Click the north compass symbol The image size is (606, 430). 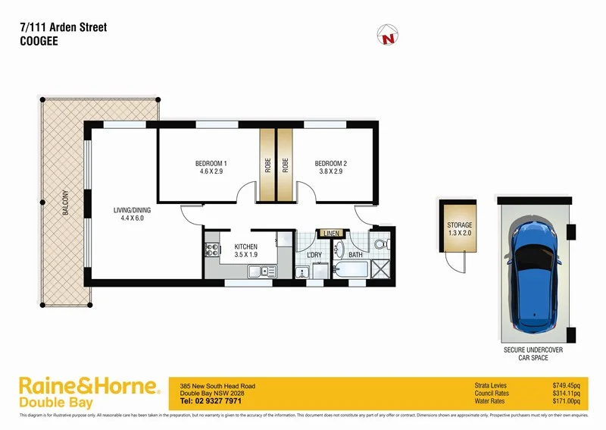[389, 34]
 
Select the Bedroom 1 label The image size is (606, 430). [211, 164]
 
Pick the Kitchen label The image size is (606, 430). [246, 246]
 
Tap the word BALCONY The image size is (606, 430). [67, 203]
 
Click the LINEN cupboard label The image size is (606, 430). [331, 233]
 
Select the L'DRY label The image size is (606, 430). [315, 255]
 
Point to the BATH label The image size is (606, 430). [355, 255]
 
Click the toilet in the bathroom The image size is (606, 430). [381, 243]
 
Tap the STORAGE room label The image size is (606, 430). [459, 225]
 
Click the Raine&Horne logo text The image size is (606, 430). [89, 385]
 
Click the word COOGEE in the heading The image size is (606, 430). [39, 42]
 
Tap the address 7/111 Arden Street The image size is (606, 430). [63, 27]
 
